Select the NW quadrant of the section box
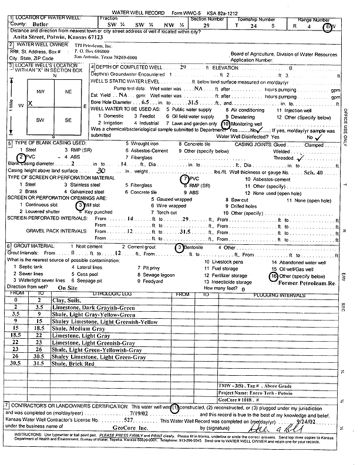41,93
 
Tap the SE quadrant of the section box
67,119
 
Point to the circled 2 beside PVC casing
21,157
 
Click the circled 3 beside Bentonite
179,248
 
